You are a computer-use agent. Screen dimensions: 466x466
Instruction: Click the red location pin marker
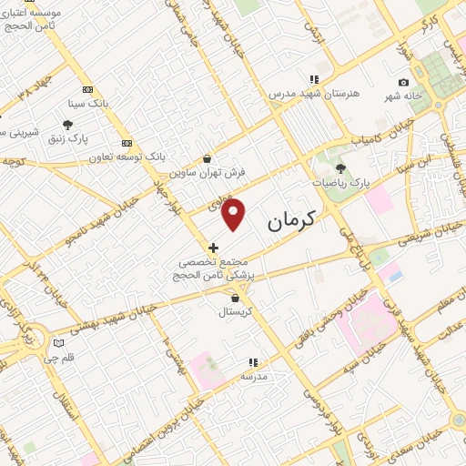235,215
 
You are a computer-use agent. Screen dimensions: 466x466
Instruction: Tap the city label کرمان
292,219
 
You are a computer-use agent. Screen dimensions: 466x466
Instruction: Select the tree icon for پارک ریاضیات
341,167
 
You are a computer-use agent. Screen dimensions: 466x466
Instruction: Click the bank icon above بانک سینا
87,89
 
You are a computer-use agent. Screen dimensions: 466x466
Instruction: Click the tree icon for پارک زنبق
68,126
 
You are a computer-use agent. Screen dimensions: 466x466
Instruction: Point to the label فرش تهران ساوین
208,172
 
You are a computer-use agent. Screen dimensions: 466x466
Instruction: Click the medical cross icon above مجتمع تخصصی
213,247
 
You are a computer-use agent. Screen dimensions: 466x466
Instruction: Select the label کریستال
237,311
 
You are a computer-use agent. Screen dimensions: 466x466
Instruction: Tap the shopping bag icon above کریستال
237,298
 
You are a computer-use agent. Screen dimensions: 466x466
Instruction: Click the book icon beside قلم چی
59,344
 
